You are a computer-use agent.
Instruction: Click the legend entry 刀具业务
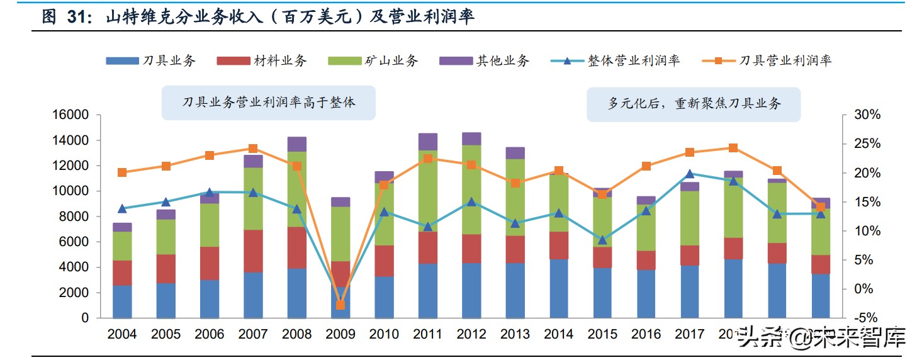[x=151, y=60]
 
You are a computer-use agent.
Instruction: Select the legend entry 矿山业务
[x=373, y=60]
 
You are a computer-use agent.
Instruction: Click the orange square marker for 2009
[x=340, y=305]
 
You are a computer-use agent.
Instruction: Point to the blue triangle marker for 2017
[x=689, y=174]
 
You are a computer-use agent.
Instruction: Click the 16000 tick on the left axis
[x=70, y=115]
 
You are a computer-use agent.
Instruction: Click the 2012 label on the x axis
[x=471, y=335]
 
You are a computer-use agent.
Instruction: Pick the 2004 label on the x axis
[x=122, y=335]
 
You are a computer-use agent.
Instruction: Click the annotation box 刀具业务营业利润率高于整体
[x=268, y=103]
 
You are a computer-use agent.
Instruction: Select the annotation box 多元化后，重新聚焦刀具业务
[x=694, y=104]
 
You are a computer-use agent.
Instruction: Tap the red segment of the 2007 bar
[x=253, y=250]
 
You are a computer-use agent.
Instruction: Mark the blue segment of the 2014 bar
[x=559, y=288]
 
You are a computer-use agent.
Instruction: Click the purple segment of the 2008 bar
[x=296, y=144]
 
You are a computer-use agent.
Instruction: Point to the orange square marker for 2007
[x=253, y=149]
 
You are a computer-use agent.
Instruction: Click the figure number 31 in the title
[x=79, y=17]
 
